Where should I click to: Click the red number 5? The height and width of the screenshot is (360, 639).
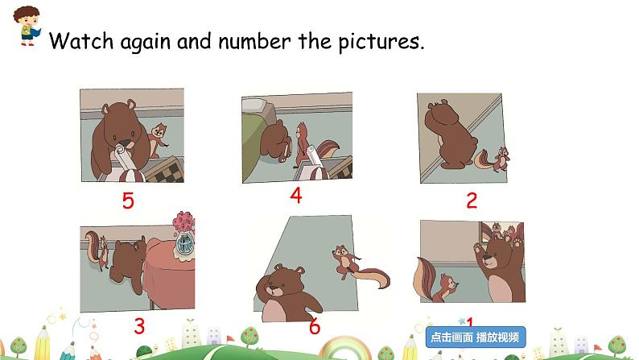coord(128,201)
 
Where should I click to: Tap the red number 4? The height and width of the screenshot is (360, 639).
coord(295,196)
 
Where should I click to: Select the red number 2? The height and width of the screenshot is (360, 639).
coord(472,201)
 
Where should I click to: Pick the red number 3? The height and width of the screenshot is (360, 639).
coord(139,326)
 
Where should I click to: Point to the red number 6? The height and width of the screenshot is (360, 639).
coord(314,327)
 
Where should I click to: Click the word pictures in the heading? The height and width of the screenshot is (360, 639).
coord(374,41)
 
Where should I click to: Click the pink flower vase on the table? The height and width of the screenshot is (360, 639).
coord(183,233)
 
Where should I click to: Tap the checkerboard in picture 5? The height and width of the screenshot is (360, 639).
coord(167,172)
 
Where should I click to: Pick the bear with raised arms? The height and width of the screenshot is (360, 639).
coord(500,266)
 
